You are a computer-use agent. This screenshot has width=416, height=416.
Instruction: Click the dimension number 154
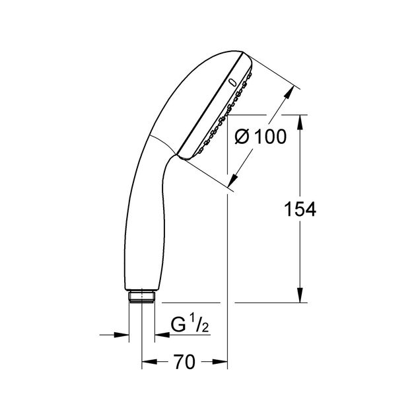[x=300, y=209]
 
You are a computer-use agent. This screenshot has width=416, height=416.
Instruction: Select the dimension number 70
[x=185, y=362]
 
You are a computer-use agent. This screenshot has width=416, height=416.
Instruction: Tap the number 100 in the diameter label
[x=270, y=137]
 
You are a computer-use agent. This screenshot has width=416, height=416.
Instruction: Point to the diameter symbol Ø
[x=242, y=137]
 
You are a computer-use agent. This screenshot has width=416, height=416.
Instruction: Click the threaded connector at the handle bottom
[x=142, y=296]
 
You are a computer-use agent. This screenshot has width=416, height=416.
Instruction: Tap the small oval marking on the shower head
[x=232, y=83]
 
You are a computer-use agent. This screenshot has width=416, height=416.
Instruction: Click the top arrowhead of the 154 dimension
[x=300, y=122]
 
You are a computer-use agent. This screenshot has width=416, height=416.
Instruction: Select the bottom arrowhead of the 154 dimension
[x=300, y=295]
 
